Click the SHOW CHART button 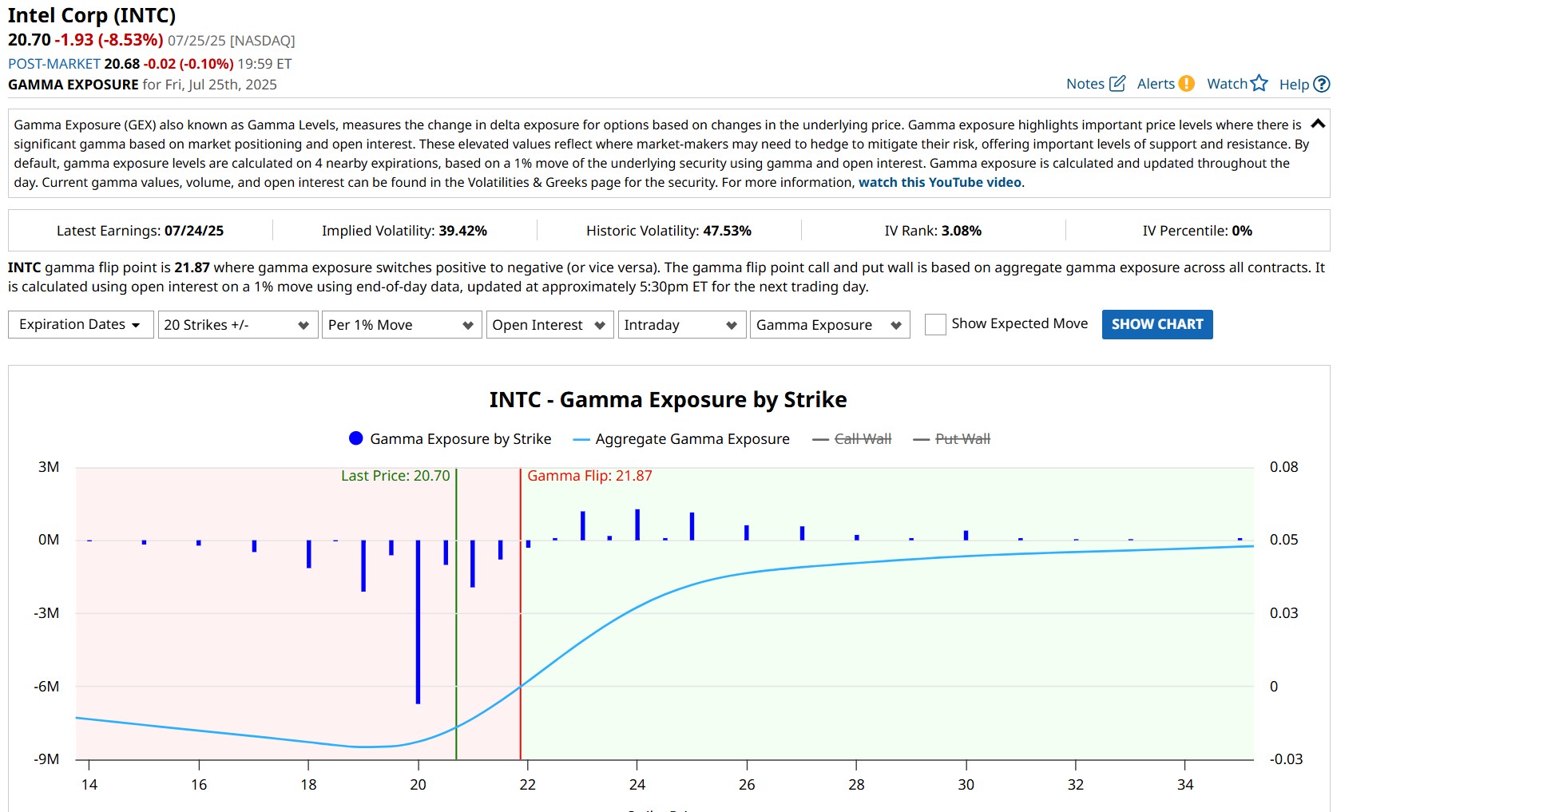pyautogui.click(x=1156, y=324)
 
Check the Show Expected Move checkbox pyautogui.click(x=935, y=324)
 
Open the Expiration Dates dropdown pyautogui.click(x=81, y=324)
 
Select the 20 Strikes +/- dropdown pyautogui.click(x=237, y=325)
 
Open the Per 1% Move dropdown pyautogui.click(x=401, y=325)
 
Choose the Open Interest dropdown pyautogui.click(x=549, y=325)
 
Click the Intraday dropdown pyautogui.click(x=681, y=325)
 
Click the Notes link pyautogui.click(x=1095, y=84)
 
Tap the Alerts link pyautogui.click(x=1164, y=84)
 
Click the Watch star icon pyautogui.click(x=1259, y=83)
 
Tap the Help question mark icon pyautogui.click(x=1322, y=84)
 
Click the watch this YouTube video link pyautogui.click(x=939, y=183)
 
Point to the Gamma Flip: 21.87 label pyautogui.click(x=589, y=476)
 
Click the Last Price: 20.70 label pyautogui.click(x=395, y=476)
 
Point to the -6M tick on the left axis pyautogui.click(x=46, y=687)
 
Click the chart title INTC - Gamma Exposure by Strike pyautogui.click(x=668, y=400)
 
